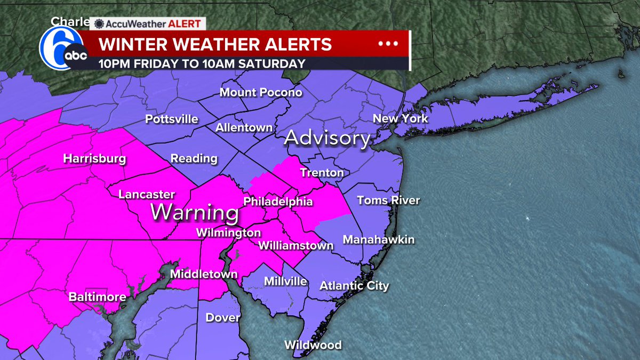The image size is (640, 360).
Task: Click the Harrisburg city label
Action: click(94, 159)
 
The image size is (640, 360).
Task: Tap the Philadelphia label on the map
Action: click(278, 202)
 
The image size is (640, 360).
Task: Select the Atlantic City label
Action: click(354, 286)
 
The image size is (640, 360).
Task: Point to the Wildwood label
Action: click(313, 345)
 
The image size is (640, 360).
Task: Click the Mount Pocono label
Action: click(261, 93)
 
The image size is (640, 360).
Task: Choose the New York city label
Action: click(400, 118)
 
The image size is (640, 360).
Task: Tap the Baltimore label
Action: click(98, 297)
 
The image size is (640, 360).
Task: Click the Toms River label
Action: click(388, 201)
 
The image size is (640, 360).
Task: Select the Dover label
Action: click(223, 317)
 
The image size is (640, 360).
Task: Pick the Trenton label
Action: click(322, 172)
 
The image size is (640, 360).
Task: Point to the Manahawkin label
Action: click(378, 240)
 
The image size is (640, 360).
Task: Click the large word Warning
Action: click(194, 213)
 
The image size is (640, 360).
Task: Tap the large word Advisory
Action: click(327, 139)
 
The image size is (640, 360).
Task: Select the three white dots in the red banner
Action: click(388, 44)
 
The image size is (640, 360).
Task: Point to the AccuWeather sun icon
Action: click(99, 24)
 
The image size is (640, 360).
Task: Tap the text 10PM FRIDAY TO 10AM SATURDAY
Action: click(202, 63)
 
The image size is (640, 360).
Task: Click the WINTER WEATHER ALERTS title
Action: click(215, 44)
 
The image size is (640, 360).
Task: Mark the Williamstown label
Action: click(295, 246)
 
